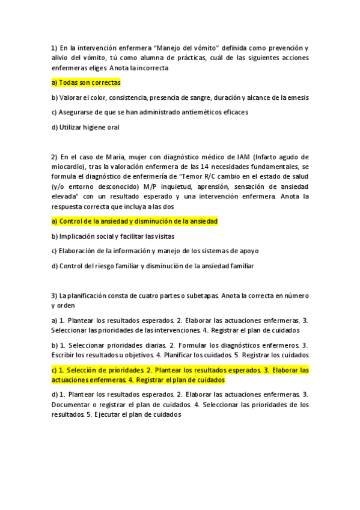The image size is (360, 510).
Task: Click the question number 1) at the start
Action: click(54, 48)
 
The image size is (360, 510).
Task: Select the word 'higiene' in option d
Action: click(96, 127)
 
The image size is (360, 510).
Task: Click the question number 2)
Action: click(54, 157)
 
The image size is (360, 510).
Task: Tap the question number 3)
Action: click(54, 295)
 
